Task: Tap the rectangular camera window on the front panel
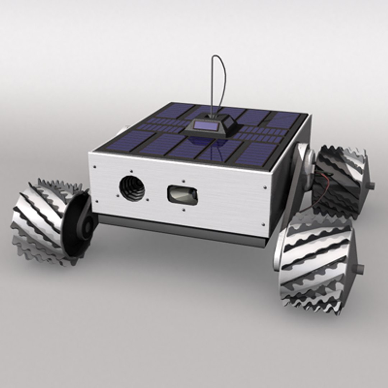tap(183, 195)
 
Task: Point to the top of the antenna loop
tap(219, 57)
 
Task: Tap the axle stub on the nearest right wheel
tap(359, 268)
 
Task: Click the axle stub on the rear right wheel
tap(371, 186)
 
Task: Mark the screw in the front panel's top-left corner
tap(95, 167)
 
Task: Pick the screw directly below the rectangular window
tap(184, 210)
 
